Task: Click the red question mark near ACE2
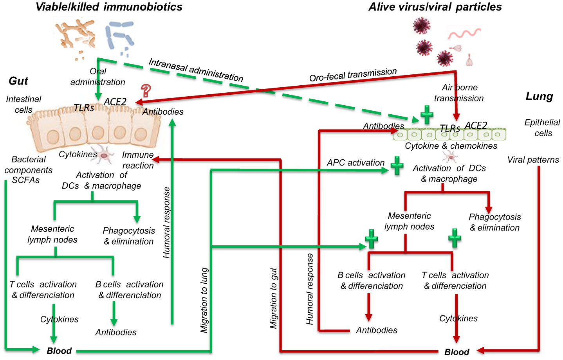pos(146,90)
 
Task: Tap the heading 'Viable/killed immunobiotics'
pos(109,7)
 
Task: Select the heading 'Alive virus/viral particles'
pos(435,7)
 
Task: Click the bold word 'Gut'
pos(18,81)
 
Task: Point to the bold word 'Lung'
pos(539,96)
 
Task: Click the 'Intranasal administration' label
pos(196,70)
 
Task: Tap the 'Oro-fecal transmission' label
pos(353,74)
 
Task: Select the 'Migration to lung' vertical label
pos(204,300)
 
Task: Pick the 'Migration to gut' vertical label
pos(274,298)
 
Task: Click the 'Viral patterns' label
pos(533,160)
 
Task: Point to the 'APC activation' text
pos(355,162)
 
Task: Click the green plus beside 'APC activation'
pos(397,166)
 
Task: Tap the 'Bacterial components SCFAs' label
pos(28,170)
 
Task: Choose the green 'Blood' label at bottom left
pos(59,351)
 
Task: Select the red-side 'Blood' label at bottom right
pos(457,352)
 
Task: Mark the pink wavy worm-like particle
pos(464,34)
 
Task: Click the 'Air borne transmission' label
pos(459,93)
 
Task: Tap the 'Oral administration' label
pos(98,77)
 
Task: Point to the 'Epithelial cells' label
pos(542,128)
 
